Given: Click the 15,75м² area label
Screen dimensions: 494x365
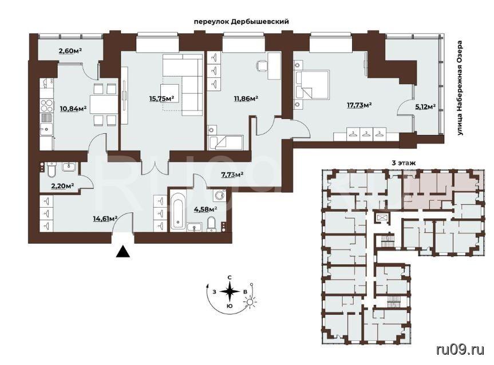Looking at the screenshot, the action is click(x=162, y=98).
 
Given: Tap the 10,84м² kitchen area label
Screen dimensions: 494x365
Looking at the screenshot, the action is click(x=73, y=109).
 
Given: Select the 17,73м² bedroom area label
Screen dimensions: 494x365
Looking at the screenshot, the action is click(x=359, y=105).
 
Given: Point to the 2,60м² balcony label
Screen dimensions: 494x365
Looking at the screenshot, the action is click(x=70, y=50).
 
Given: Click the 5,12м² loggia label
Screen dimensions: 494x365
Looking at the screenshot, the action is click(x=425, y=106).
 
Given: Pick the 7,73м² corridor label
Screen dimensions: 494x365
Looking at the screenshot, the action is click(x=232, y=174).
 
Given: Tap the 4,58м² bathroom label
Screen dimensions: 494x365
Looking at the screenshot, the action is click(x=207, y=209).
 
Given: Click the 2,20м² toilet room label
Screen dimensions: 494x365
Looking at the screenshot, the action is click(x=63, y=186).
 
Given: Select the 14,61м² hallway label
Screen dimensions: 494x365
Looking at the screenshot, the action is click(x=105, y=217).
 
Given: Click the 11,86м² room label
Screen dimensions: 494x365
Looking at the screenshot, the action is click(x=246, y=98).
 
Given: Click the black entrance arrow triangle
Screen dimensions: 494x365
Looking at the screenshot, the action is click(x=123, y=252).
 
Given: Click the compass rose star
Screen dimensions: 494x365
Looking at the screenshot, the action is click(x=230, y=291).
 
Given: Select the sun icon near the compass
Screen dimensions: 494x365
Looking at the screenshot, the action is click(x=250, y=301).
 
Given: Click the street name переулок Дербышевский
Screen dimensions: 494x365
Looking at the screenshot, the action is click(x=241, y=22).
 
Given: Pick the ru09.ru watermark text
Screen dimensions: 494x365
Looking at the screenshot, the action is click(x=460, y=349).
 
